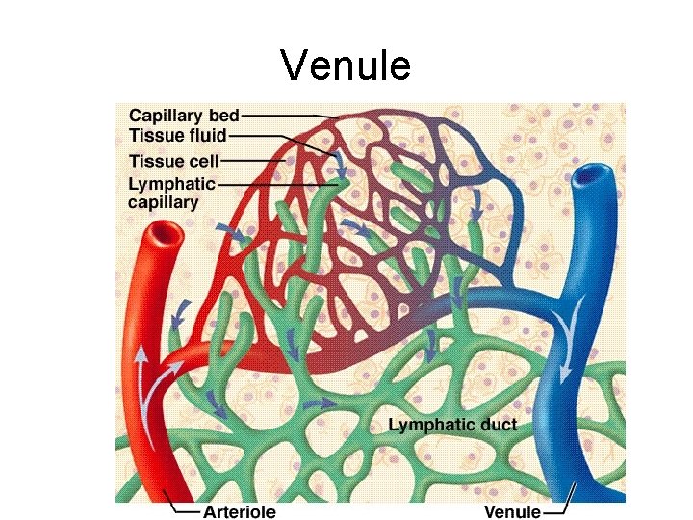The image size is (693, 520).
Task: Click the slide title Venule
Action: [x=346, y=65]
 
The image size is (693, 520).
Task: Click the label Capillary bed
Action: [x=185, y=117]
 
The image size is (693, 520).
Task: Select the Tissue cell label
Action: [x=174, y=161]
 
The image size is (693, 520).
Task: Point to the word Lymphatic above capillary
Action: [x=172, y=183]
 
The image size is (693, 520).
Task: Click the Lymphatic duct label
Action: [x=452, y=425]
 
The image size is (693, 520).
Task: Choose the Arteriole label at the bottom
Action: [x=241, y=511]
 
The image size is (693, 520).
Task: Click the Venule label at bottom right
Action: [x=511, y=511]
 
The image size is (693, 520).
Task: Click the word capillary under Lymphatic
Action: [x=164, y=202]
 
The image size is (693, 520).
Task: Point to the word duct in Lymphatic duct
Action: [x=495, y=425]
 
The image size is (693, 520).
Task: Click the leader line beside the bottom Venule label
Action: [x=561, y=503]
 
